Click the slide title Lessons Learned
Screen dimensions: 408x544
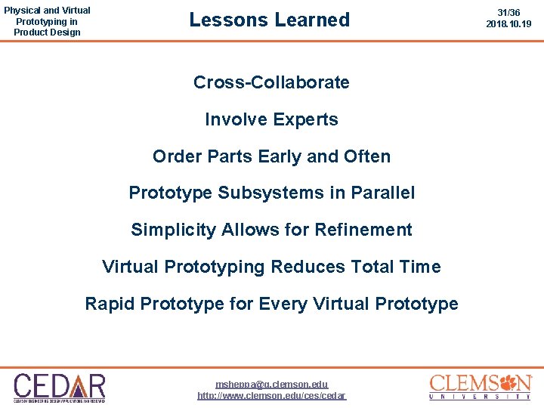click(x=270, y=20)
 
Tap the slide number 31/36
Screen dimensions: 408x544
click(x=508, y=13)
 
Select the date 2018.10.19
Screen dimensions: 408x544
click(x=508, y=24)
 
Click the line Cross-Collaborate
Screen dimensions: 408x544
click(x=271, y=82)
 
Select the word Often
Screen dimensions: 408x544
click(x=366, y=156)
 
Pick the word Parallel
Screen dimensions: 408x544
click(x=382, y=193)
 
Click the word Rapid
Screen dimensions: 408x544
click(x=110, y=304)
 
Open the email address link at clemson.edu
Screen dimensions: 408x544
click(x=272, y=384)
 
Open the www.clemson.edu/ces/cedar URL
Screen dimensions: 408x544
click(x=272, y=396)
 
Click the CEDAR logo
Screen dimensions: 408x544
click(x=59, y=387)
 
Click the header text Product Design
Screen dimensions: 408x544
click(x=47, y=32)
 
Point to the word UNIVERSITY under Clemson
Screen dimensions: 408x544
click(x=480, y=397)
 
